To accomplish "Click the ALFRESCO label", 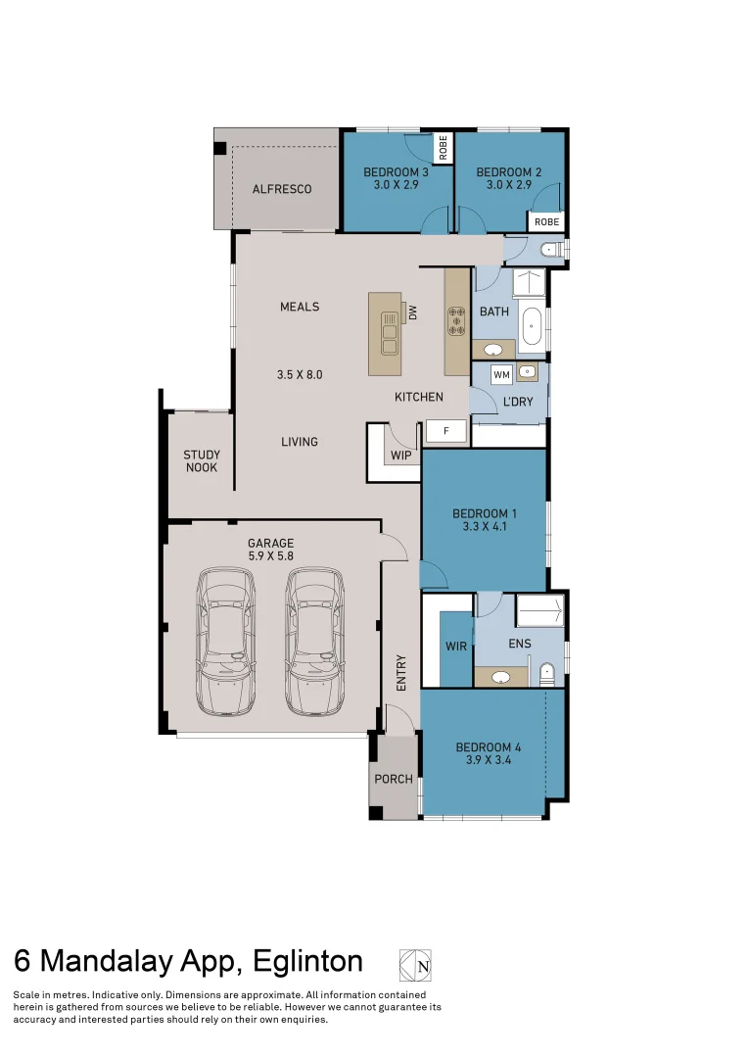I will coord(282,189).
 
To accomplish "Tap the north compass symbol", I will coord(415,965).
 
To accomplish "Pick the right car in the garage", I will coord(315,642).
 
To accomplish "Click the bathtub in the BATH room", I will coord(533,329).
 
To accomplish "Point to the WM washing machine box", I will coord(501,374).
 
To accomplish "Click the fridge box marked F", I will coord(445,430).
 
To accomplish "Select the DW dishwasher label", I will coord(413,313).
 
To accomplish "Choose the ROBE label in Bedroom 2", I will coord(546,222).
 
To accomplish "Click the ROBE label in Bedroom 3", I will coord(443,148).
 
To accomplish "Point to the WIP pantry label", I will coord(400,456).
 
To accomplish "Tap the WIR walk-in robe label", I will coord(456,647).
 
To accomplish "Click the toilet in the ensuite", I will coord(546,673).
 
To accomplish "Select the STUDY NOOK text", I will coord(202,461).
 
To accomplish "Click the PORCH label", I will coord(394,780).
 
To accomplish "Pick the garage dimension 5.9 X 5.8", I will coord(270,556).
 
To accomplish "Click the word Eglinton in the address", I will coord(307,961).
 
